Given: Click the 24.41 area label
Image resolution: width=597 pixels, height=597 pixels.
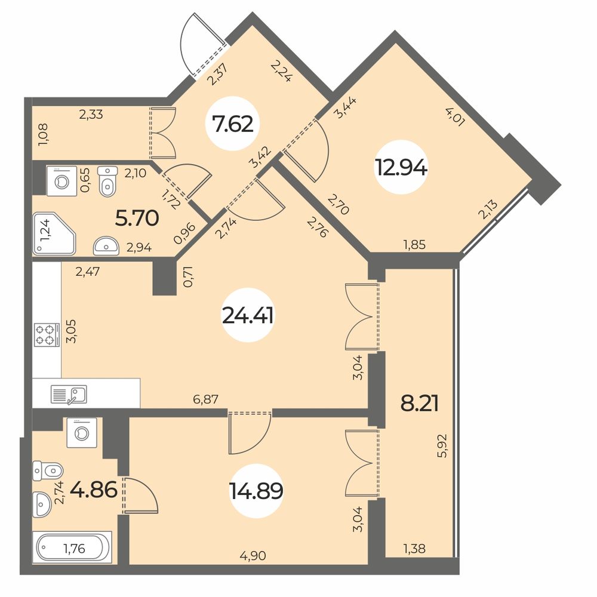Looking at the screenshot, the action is pyautogui.click(x=248, y=315).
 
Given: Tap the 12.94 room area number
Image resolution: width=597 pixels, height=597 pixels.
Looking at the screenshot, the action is pyautogui.click(x=401, y=167).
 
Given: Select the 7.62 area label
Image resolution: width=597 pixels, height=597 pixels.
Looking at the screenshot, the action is pyautogui.click(x=233, y=124).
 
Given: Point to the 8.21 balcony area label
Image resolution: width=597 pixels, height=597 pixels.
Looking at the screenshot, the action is pyautogui.click(x=420, y=404).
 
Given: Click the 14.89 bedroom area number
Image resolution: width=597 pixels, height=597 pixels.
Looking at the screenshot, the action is pyautogui.click(x=256, y=490).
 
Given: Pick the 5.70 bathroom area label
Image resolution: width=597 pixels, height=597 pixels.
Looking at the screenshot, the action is pyautogui.click(x=137, y=219).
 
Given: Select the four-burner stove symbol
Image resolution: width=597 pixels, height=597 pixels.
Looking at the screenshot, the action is pyautogui.click(x=47, y=335).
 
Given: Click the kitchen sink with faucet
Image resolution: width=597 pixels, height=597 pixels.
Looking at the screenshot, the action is pyautogui.click(x=69, y=395).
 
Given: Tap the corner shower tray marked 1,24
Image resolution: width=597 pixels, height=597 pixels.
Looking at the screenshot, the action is pyautogui.click(x=54, y=233).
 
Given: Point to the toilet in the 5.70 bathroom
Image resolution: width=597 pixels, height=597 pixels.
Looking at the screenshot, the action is pyautogui.click(x=107, y=181).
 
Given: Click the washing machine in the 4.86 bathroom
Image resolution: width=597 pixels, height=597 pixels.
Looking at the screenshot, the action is pyautogui.click(x=82, y=432).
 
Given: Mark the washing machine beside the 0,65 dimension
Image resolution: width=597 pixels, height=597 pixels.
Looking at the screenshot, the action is pyautogui.click(x=61, y=181).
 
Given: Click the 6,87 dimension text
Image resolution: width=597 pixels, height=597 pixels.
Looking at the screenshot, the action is pyautogui.click(x=205, y=399).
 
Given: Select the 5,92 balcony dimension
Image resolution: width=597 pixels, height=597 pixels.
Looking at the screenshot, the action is pyautogui.click(x=444, y=446).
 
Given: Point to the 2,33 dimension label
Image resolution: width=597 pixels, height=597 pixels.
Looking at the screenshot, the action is pyautogui.click(x=91, y=114).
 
